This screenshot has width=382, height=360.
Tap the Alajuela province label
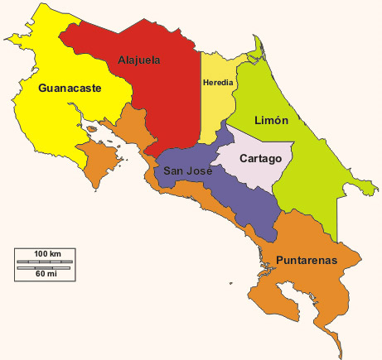(x=138, y=60)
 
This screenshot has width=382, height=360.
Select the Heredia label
(x=217, y=83)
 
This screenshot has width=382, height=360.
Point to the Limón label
(x=271, y=121)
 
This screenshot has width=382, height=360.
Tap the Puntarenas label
(x=307, y=260)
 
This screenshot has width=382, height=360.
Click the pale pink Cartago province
(x=257, y=174)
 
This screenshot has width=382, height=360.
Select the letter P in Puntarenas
(x=280, y=260)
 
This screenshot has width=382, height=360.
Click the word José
(x=200, y=171)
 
